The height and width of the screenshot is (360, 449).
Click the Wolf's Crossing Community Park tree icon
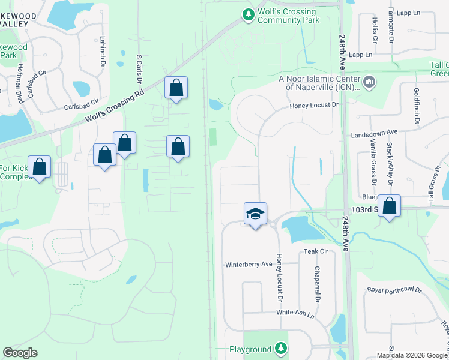(247, 14)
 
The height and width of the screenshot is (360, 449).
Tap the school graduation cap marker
(255, 214)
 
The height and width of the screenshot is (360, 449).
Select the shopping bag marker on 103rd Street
(390, 206)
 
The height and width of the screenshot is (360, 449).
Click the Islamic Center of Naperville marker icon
(369, 80)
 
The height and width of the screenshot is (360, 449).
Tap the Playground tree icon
(280, 348)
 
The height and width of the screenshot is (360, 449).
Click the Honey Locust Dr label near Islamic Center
(315, 105)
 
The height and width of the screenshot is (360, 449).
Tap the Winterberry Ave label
(249, 265)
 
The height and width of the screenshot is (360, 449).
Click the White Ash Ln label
(295, 313)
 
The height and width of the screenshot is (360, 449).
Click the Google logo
(20, 353)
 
